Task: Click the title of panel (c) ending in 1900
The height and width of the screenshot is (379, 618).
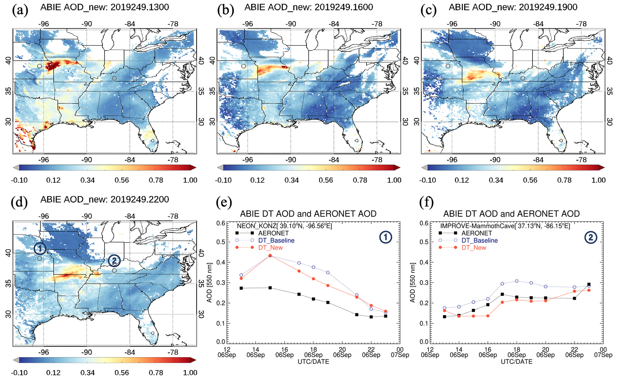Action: (x=513, y=7)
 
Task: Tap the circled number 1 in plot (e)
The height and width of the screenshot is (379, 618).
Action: (x=385, y=237)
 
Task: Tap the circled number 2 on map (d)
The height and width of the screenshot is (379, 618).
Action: (x=114, y=261)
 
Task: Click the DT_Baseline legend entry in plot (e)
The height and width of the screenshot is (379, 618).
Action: (x=276, y=241)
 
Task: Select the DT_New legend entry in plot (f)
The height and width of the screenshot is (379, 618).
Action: (x=474, y=248)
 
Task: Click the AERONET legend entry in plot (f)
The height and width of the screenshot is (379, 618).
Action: (x=477, y=233)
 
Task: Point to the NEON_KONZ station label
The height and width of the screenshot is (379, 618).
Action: (x=284, y=226)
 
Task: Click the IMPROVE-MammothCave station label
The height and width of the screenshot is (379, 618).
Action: (x=505, y=226)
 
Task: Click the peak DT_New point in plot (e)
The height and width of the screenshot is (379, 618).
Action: (x=270, y=255)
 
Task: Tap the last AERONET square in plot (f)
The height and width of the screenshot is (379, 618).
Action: (x=589, y=284)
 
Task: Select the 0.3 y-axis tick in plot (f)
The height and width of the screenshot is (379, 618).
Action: (x=424, y=283)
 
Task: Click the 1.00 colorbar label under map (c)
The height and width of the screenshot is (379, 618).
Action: (x=598, y=180)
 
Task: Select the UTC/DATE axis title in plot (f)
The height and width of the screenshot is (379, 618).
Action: (x=516, y=362)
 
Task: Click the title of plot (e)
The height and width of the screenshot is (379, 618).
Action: (x=308, y=214)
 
